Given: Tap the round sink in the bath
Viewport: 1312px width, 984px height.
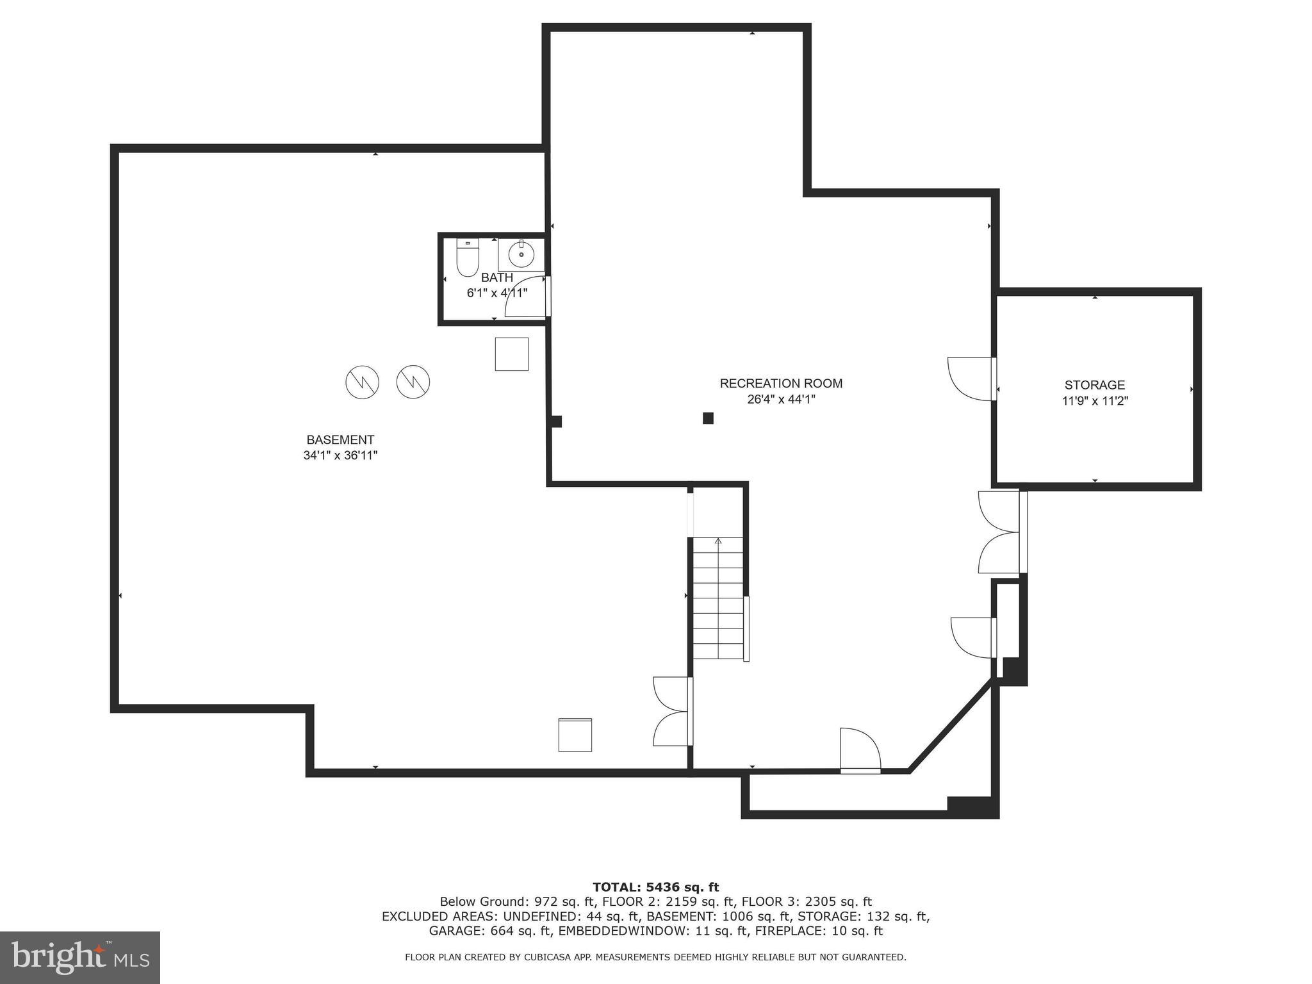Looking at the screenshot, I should point(521,255).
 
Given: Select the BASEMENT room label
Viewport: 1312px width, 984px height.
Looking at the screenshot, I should point(340,440).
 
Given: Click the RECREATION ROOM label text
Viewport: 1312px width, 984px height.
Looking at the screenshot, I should point(781,383).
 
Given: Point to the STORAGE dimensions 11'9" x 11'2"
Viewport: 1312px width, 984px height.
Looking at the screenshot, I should point(1094,401).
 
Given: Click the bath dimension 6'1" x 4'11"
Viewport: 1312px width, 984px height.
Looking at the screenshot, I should point(496,293).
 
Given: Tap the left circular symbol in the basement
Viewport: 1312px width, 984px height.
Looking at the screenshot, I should point(363,383).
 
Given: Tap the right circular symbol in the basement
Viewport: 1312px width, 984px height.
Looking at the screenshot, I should point(413,382).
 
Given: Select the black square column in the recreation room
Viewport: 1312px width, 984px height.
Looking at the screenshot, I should point(708,418).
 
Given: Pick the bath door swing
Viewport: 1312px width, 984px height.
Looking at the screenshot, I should point(527,297).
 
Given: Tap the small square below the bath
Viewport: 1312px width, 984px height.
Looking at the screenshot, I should point(511,354).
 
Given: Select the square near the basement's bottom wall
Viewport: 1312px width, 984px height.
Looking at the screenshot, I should point(575,735).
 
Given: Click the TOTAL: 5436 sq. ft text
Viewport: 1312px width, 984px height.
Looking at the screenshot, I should point(655,887).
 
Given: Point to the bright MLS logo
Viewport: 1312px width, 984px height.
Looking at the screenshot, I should point(80,957).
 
